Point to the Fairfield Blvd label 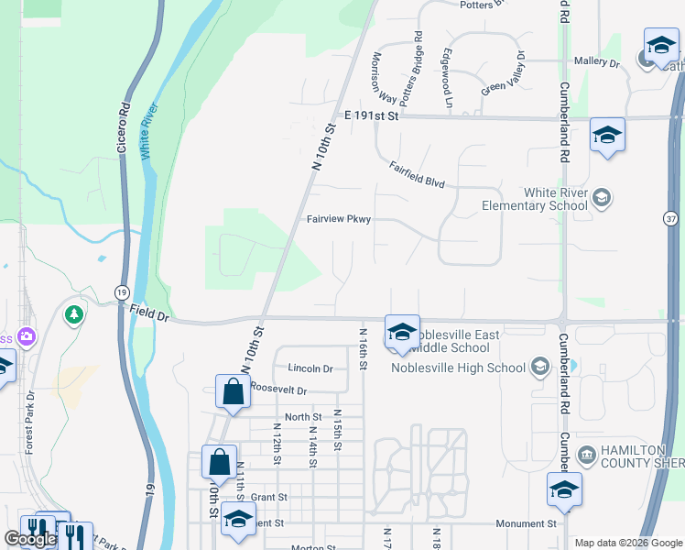(x=417, y=175)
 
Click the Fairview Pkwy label (x=339, y=219)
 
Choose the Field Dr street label (x=150, y=314)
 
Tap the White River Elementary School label (x=536, y=199)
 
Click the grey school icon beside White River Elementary (x=602, y=197)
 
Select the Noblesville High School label (x=459, y=368)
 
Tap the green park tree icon (x=74, y=314)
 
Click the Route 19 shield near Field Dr (x=122, y=291)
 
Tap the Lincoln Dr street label (x=310, y=368)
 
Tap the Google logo (x=30, y=539)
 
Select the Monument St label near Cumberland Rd (x=526, y=524)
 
